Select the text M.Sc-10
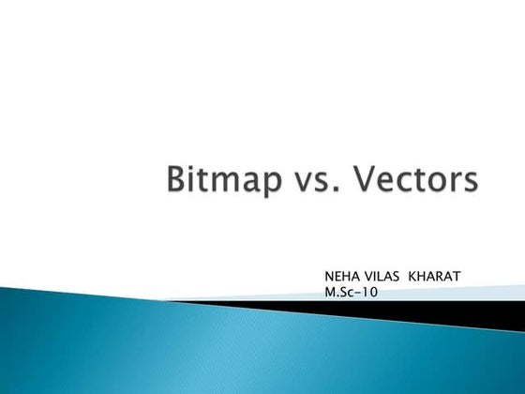[349, 293]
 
